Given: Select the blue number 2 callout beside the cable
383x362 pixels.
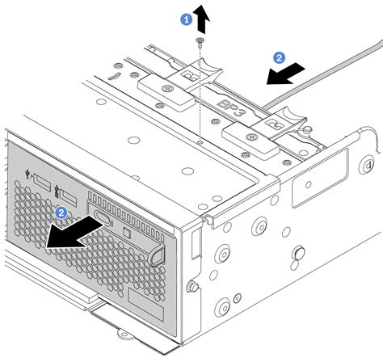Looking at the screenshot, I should click(x=279, y=57).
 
